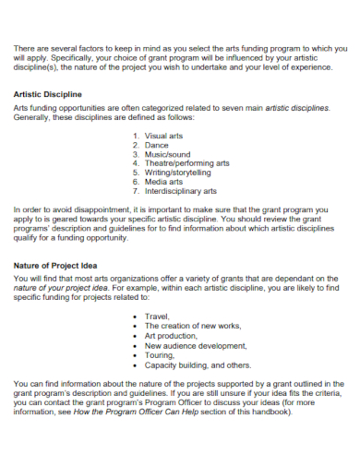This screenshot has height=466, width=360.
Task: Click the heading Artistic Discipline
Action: [x=48, y=94]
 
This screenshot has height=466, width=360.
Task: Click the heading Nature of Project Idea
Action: [x=56, y=265]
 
